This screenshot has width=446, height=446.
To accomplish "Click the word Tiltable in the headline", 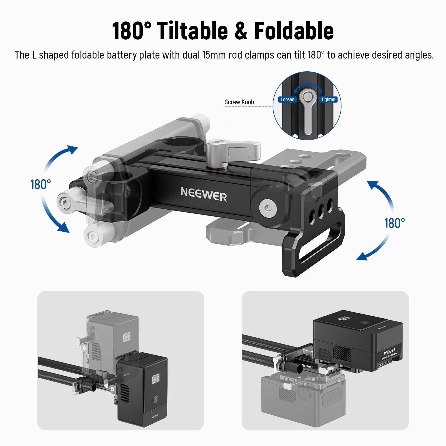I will click(x=192, y=31).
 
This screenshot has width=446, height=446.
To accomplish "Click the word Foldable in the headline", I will click(x=294, y=31).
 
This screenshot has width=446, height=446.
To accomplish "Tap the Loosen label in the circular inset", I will click(x=287, y=100).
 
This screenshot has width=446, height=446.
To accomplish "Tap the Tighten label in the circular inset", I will click(x=328, y=100).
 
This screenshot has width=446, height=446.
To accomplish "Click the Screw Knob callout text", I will click(x=239, y=102).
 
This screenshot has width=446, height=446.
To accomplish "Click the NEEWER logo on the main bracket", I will click(x=203, y=194).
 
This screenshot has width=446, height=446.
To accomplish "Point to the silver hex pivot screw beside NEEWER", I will click(x=268, y=208).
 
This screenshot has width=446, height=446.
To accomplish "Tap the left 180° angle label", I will click(x=40, y=185).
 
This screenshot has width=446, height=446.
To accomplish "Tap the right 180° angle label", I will click(x=394, y=223).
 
